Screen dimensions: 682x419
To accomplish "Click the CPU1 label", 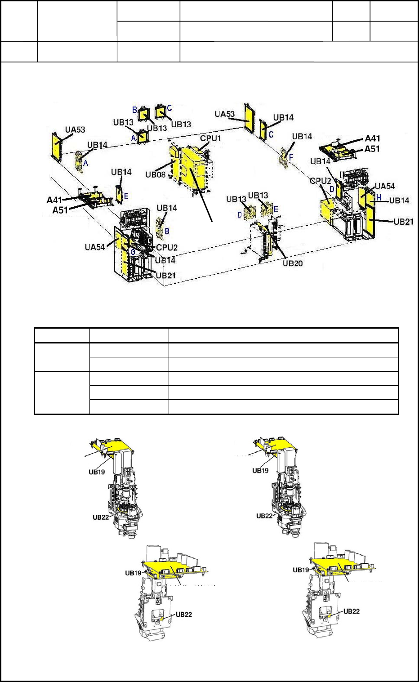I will pos(210,138).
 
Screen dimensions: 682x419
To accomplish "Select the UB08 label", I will pos(156,174).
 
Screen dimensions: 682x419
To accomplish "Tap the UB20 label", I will pos(292,263).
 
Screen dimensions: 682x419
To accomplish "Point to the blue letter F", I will pos(291,157).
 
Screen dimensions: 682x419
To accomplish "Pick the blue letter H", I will pos(379,197).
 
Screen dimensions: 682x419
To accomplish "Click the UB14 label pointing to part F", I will pos(302,136).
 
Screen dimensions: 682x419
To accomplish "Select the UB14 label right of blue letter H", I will pos(399,200).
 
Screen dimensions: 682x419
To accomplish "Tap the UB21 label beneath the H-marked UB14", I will pos(403,222).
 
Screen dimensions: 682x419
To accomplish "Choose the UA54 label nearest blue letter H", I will pos(385,186).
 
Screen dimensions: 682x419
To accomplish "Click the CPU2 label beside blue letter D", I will pos(321,181).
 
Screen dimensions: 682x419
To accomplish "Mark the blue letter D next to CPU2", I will pos(332,189).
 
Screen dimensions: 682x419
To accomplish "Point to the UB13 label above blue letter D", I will pos(236,199).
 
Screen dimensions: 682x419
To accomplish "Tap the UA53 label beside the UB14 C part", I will pos(225,114).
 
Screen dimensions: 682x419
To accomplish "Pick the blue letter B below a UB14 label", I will pos(167,231).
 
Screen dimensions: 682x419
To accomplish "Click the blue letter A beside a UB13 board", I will pos(134,138).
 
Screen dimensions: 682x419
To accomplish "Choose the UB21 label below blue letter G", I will pos(166,275).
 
